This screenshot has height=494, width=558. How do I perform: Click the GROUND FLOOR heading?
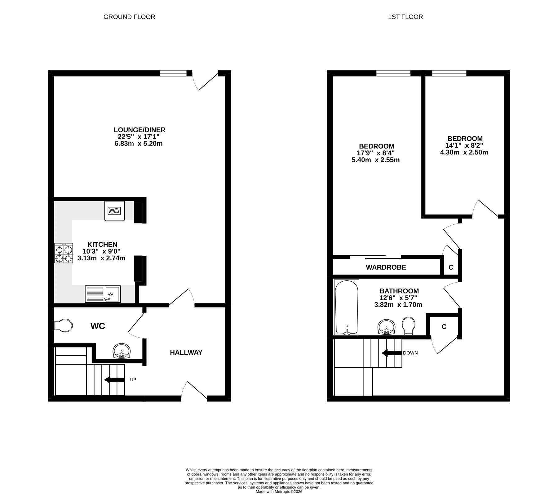click(129, 17)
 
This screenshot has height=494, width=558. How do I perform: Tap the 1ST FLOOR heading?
click(405, 17)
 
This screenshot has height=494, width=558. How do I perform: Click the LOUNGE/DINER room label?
click(139, 130)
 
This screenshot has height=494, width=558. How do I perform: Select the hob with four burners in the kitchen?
click(64, 253)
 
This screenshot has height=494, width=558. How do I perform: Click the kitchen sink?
click(103, 294)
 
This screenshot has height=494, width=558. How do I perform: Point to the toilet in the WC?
click(64, 326)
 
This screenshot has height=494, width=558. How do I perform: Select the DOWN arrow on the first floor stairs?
click(392, 353)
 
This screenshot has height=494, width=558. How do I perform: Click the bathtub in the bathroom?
click(347, 307)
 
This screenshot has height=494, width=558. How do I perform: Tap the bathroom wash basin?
click(387, 327)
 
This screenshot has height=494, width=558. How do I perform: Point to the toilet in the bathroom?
click(408, 326)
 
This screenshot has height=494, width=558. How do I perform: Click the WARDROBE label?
click(386, 267)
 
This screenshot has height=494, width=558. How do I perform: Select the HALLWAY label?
click(186, 352)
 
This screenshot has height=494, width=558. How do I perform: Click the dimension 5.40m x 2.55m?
click(376, 160)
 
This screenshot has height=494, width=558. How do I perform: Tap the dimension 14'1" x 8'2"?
click(464, 145)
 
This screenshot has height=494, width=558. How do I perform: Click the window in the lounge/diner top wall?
click(173, 73)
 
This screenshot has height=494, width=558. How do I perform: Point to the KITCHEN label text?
click(102, 245)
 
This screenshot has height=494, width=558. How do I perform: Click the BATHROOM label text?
click(399, 291)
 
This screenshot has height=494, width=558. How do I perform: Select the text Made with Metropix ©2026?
click(279, 492)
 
